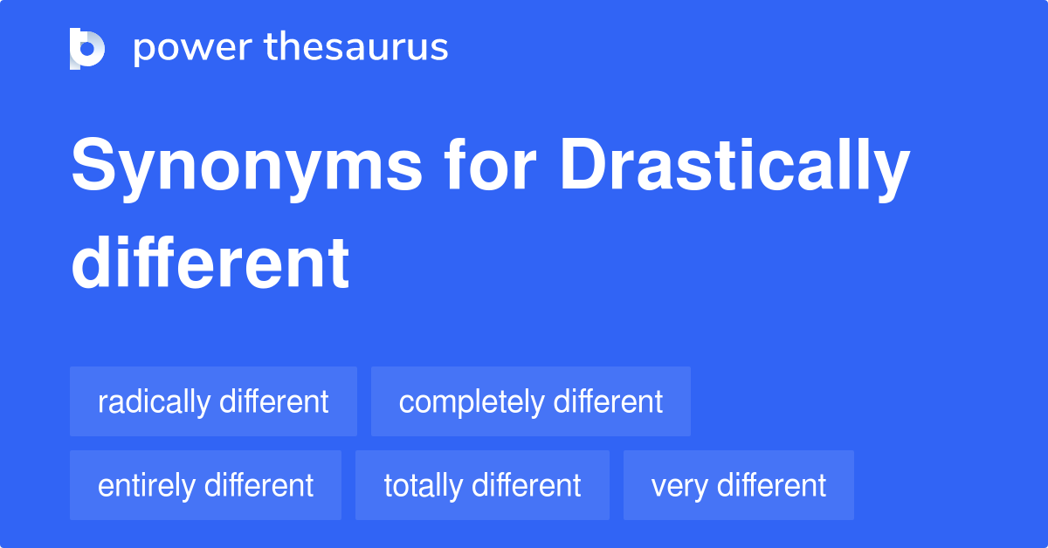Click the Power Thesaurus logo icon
(x=87, y=49)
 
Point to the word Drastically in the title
(x=734, y=168)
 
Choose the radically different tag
(x=213, y=401)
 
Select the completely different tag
(x=531, y=401)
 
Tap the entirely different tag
(x=205, y=485)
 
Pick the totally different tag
(x=482, y=485)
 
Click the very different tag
(x=738, y=485)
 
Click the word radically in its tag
(x=154, y=402)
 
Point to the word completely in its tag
(x=471, y=402)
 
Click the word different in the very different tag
(x=766, y=485)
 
